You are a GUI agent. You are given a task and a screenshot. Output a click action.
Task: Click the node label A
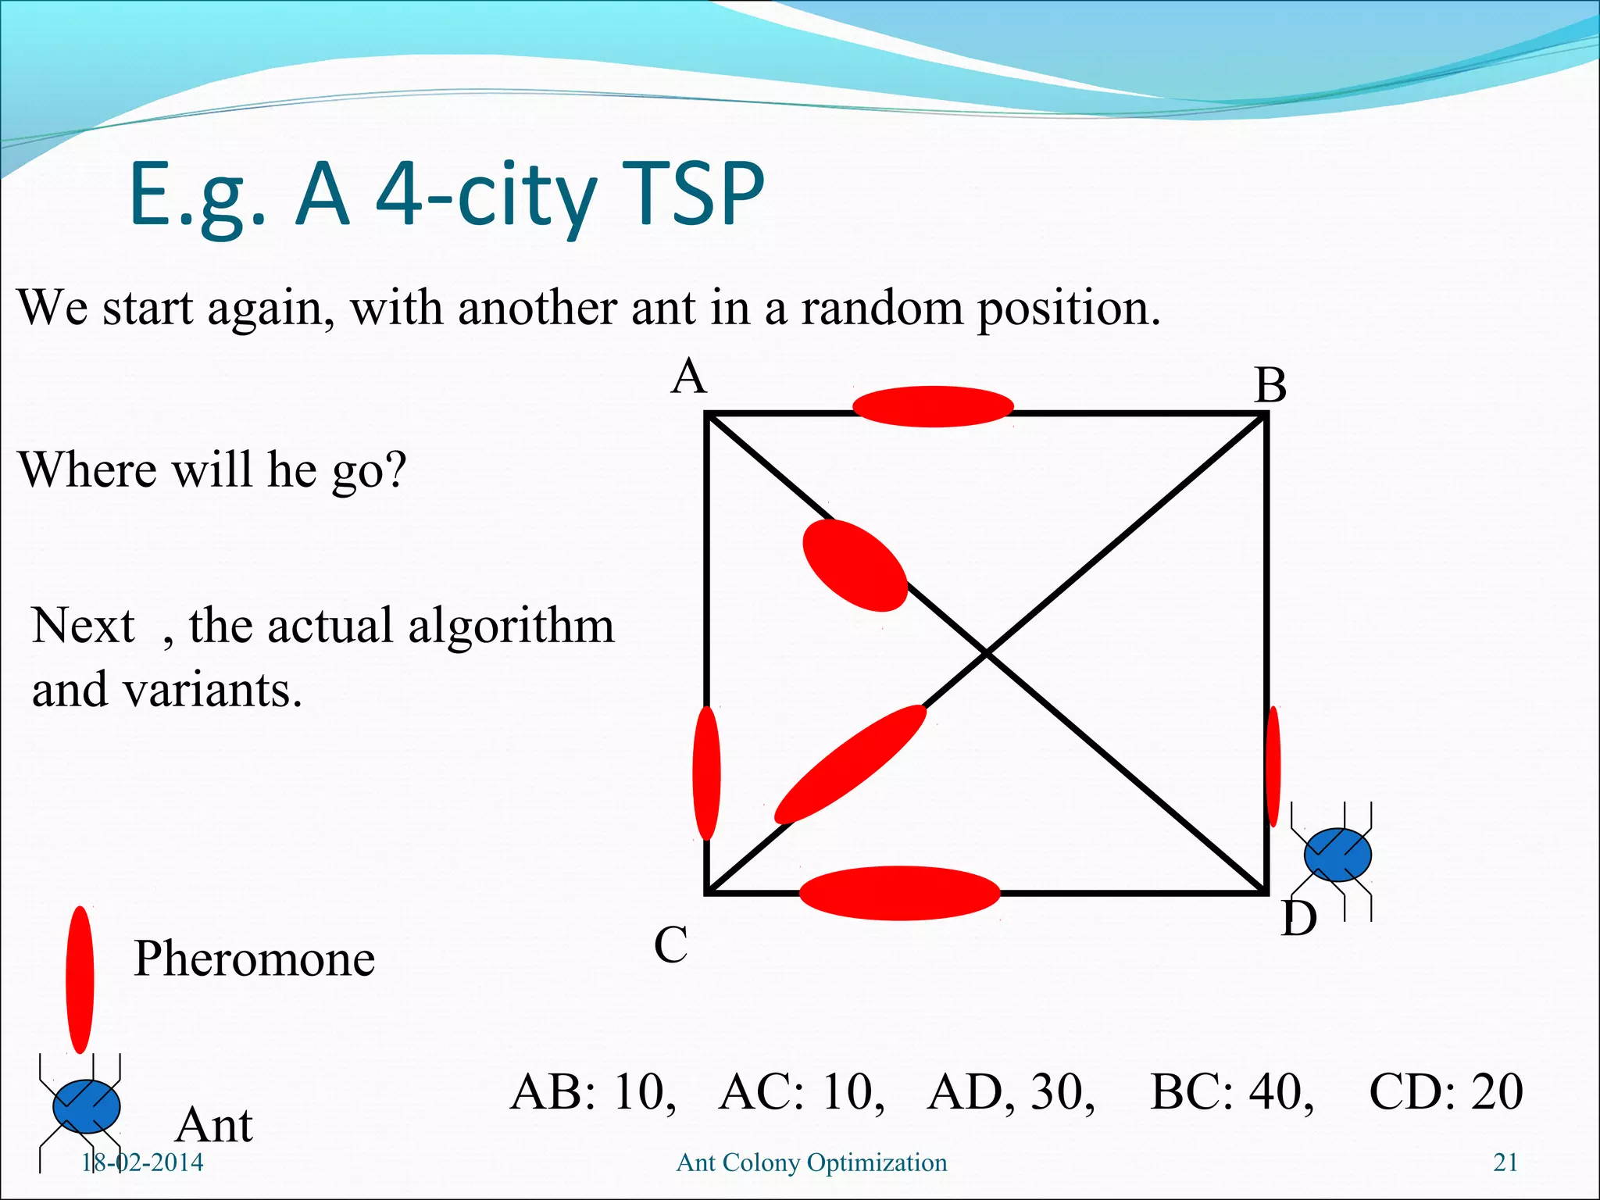pyautogui.click(x=689, y=377)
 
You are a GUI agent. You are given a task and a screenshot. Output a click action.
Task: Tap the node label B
pyautogui.click(x=1270, y=386)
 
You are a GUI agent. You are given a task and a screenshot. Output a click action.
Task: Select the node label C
pyautogui.click(x=670, y=945)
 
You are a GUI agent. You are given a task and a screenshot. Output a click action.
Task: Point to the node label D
pyautogui.click(x=1298, y=918)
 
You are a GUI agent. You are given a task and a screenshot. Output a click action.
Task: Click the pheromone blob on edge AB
pyautogui.click(x=933, y=406)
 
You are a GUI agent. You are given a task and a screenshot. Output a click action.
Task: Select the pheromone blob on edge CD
pyautogui.click(x=899, y=892)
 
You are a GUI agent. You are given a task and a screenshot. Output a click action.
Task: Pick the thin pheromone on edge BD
pyautogui.click(x=1273, y=766)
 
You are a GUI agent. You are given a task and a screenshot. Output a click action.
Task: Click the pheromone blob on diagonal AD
pyautogui.click(x=855, y=566)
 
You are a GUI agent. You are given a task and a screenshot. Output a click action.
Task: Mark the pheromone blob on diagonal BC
pyautogui.click(x=850, y=764)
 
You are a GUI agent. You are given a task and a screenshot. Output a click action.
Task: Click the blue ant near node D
pyautogui.click(x=1337, y=855)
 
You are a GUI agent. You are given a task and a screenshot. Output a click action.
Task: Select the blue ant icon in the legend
pyautogui.click(x=86, y=1106)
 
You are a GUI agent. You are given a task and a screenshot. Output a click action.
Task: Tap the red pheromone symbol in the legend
pyautogui.click(x=80, y=980)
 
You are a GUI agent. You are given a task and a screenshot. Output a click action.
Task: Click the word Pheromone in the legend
pyautogui.click(x=254, y=959)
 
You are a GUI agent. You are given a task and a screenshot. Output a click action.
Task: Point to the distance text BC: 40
pyautogui.click(x=1232, y=1091)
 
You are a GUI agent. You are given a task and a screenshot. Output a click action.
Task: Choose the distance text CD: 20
pyautogui.click(x=1445, y=1091)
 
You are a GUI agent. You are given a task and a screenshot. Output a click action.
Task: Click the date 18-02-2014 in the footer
pyautogui.click(x=142, y=1162)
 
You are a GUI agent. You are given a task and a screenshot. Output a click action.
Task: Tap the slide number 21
pyautogui.click(x=1505, y=1162)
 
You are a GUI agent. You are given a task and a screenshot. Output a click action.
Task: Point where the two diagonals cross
pyautogui.click(x=987, y=653)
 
